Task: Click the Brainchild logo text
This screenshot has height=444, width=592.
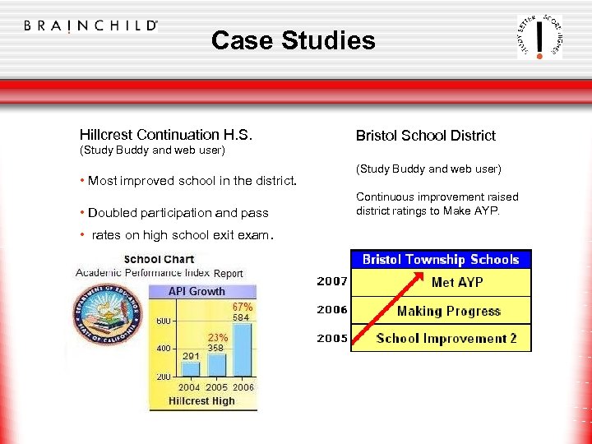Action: pos(90,25)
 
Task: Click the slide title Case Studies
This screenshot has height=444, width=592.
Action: pos(293,40)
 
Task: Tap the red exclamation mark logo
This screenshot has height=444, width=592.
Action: pos(539,37)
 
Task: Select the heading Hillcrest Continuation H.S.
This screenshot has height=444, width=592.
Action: pos(165,135)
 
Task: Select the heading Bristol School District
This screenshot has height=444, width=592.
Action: pos(425,136)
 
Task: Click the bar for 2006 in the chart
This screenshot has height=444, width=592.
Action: pos(243,349)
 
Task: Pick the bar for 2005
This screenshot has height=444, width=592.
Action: pos(217,364)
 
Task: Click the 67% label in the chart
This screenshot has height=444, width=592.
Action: pos(242,307)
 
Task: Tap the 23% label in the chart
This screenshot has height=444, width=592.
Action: pos(216,337)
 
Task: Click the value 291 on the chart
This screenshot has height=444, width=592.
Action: pos(191,355)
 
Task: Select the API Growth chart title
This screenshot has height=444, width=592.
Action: pos(197,291)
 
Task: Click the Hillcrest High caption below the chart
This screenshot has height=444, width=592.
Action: pos(201,401)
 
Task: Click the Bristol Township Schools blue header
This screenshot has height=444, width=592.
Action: pos(441,260)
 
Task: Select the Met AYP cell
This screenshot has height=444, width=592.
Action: pos(457,283)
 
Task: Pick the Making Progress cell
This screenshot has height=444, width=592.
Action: pos(448,311)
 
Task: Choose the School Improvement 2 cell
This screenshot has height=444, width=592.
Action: pos(446,339)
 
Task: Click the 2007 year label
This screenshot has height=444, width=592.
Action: pos(332,282)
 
